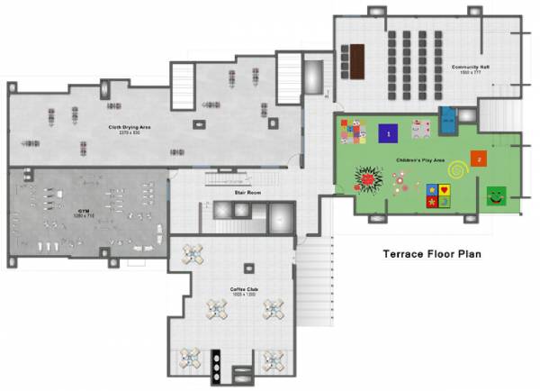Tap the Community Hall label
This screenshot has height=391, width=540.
click(x=470, y=68)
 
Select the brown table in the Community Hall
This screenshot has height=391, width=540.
click(x=358, y=61)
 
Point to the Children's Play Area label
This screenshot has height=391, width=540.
click(x=416, y=160)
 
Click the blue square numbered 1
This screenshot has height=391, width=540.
click(x=388, y=134)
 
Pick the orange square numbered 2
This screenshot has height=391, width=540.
click(x=480, y=159)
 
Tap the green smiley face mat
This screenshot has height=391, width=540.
click(x=496, y=195)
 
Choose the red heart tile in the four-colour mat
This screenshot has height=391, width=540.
click(x=444, y=190)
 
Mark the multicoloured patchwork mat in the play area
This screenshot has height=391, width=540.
click(x=350, y=132)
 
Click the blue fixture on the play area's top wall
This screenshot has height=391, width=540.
click(x=447, y=116)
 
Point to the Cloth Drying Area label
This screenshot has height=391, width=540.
click(x=130, y=127)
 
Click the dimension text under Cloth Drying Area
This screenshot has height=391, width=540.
click(x=130, y=133)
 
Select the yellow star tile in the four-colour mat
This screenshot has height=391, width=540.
click(x=433, y=201)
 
